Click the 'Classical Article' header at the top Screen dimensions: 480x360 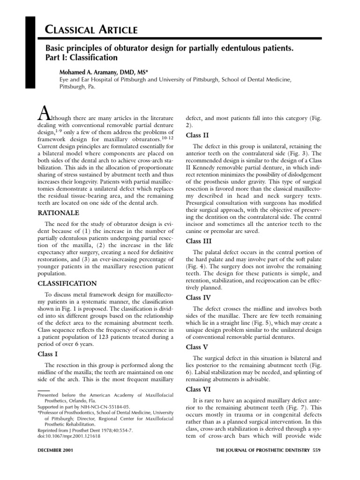91,30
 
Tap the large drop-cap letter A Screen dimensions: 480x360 43,114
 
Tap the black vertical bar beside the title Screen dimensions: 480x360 30,52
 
